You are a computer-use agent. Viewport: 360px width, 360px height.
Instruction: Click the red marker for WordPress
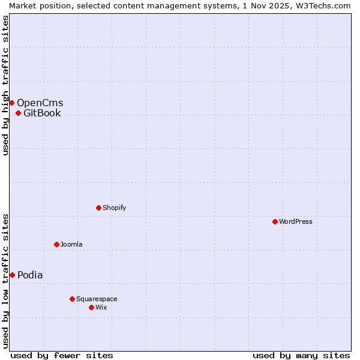pyautogui.click(x=275, y=221)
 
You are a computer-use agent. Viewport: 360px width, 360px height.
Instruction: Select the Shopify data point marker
pyautogui.click(x=98, y=208)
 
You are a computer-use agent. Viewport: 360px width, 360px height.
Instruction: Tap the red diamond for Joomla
pyautogui.click(x=56, y=244)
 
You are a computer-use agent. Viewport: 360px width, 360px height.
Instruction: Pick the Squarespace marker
pyautogui.click(x=72, y=299)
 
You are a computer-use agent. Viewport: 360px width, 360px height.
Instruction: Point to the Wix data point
pyautogui.click(x=91, y=307)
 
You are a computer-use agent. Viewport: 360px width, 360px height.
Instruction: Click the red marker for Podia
pyautogui.click(x=12, y=275)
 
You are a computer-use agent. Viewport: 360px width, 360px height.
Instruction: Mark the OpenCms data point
pyautogui.click(x=11, y=103)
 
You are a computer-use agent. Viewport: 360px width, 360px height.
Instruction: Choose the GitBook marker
pyautogui.click(x=18, y=113)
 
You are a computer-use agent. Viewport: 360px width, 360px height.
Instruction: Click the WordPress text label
pyautogui.click(x=296, y=221)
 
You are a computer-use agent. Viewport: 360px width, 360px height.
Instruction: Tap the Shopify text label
pyautogui.click(x=114, y=208)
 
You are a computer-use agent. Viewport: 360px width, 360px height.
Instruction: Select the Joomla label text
pyautogui.click(x=71, y=244)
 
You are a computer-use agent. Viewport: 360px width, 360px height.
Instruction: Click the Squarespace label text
pyautogui.click(x=97, y=299)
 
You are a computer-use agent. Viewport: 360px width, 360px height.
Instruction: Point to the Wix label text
pyautogui.click(x=101, y=307)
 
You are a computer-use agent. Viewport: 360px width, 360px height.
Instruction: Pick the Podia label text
pyautogui.click(x=30, y=275)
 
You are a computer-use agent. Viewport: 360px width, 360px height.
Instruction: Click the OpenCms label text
pyautogui.click(x=40, y=103)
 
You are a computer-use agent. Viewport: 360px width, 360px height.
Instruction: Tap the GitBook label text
pyautogui.click(x=42, y=113)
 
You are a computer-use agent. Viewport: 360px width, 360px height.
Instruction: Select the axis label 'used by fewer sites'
pyautogui.click(x=62, y=355)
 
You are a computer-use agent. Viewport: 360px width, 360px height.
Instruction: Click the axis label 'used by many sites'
pyautogui.click(x=301, y=355)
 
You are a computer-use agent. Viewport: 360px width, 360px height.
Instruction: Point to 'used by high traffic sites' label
pyautogui.click(x=5, y=85)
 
